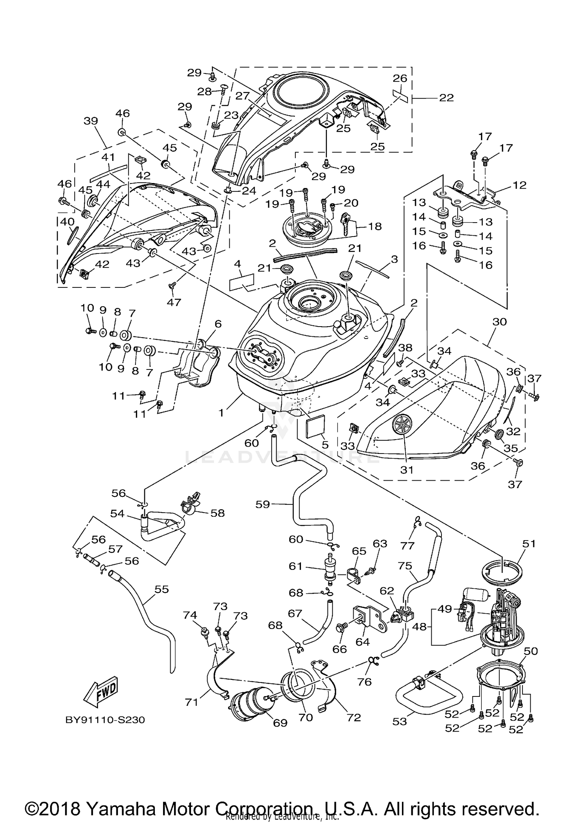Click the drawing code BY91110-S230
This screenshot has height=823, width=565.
click(x=105, y=720)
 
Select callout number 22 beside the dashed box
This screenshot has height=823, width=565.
click(x=446, y=98)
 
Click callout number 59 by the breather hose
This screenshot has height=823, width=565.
click(x=263, y=504)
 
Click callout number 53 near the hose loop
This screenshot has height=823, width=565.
click(x=400, y=721)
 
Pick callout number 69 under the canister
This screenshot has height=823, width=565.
click(x=280, y=722)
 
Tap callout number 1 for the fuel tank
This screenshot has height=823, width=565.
click(x=222, y=413)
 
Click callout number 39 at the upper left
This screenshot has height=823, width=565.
click(x=91, y=121)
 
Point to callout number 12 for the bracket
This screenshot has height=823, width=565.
click(x=519, y=185)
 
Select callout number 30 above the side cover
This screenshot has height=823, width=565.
click(x=499, y=322)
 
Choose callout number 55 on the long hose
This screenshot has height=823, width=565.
click(x=162, y=589)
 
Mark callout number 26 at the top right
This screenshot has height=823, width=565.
click(x=400, y=78)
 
